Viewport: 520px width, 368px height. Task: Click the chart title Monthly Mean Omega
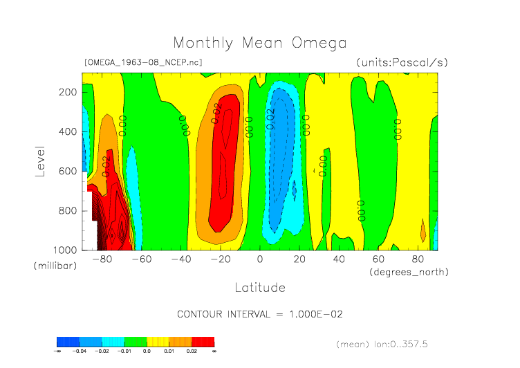260,43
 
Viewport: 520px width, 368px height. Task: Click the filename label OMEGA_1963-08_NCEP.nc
143,62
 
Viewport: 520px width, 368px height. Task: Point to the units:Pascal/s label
402,62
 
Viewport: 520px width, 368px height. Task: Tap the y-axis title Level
40,160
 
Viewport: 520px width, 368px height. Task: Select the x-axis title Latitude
260,287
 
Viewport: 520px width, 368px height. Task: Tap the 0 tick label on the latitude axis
260,260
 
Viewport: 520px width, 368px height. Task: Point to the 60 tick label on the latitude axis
378,260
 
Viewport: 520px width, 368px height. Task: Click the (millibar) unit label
53,266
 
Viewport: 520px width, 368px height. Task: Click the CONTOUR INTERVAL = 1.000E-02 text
260,314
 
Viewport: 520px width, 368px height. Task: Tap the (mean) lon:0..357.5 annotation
392,344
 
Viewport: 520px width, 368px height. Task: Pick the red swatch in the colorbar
203,342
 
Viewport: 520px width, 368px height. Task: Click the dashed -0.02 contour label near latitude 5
271,119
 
